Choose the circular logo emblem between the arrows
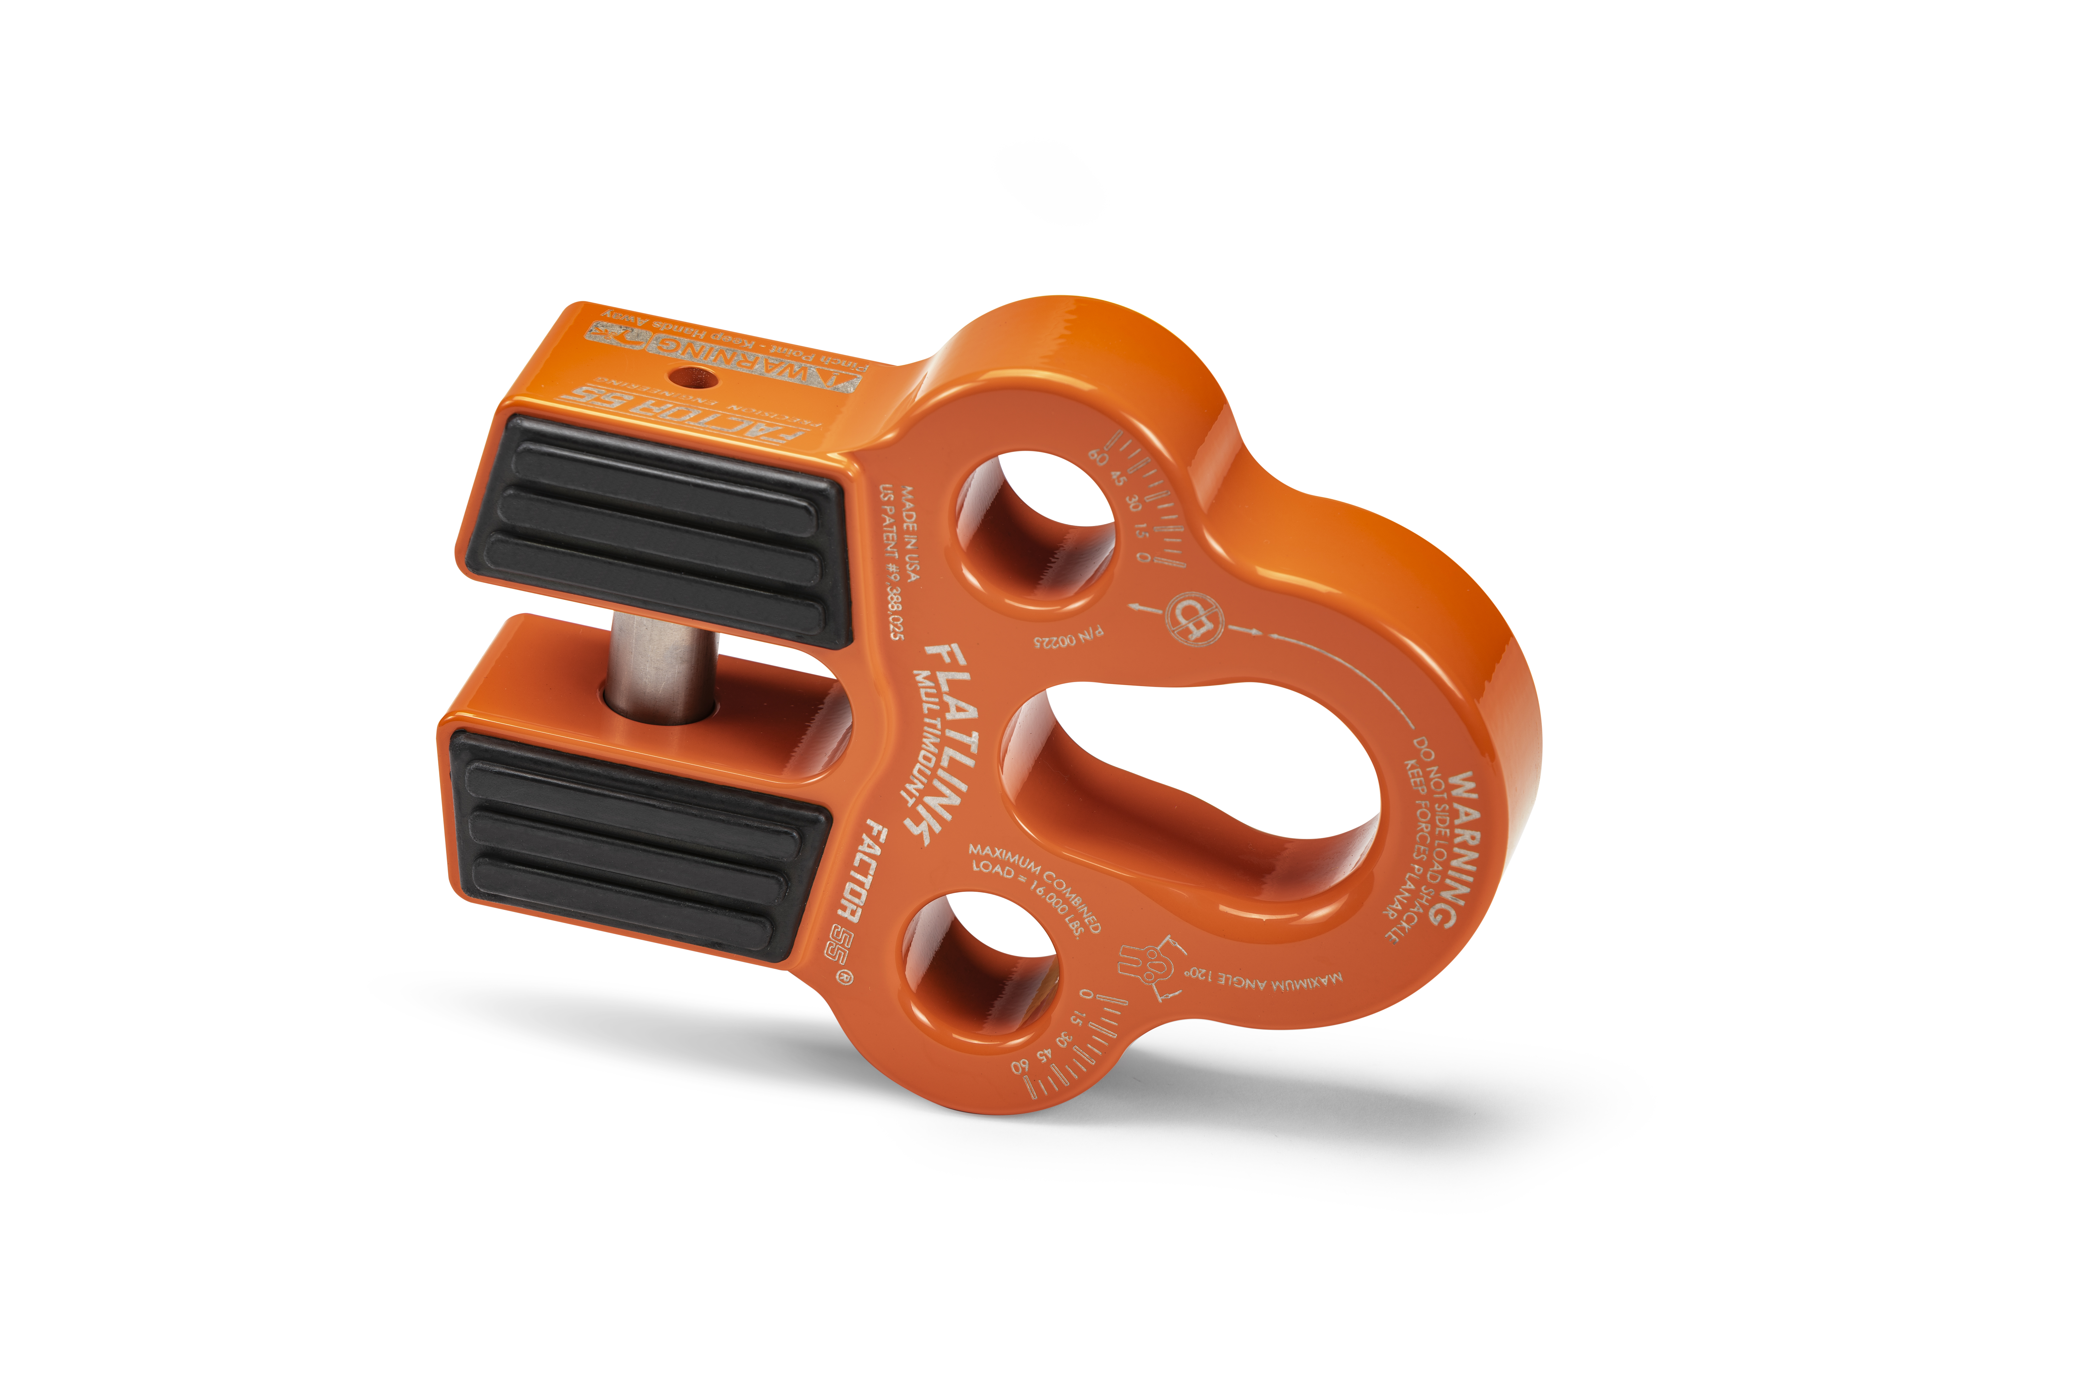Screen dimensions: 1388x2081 click(1193, 618)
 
